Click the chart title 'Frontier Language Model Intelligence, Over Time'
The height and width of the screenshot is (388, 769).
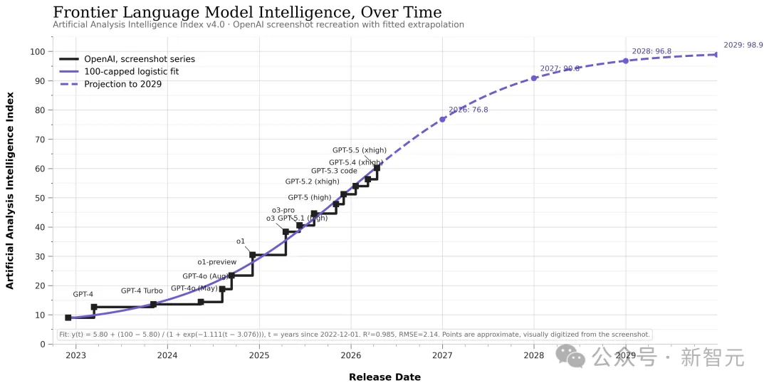point(247,12)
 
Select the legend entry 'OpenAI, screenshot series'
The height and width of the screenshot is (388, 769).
point(139,59)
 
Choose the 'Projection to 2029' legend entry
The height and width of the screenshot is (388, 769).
point(122,84)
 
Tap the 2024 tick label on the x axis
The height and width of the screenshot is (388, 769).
point(167,355)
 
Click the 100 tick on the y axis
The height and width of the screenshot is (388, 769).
point(37,52)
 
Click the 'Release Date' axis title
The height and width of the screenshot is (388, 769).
point(384,377)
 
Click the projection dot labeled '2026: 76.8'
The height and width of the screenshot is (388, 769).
point(442,119)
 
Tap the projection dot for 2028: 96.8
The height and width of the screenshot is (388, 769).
point(625,61)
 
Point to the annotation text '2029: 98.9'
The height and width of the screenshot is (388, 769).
point(743,45)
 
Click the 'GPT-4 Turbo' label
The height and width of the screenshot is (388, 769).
point(142,290)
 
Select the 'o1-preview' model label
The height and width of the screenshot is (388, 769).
point(216,263)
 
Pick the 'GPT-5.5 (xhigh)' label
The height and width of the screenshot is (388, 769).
point(359,150)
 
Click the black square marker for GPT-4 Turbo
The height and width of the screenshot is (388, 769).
point(153,304)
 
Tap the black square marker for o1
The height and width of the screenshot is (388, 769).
point(252,255)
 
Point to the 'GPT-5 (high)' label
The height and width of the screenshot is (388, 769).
point(309,197)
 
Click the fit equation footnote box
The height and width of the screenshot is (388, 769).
point(354,335)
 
